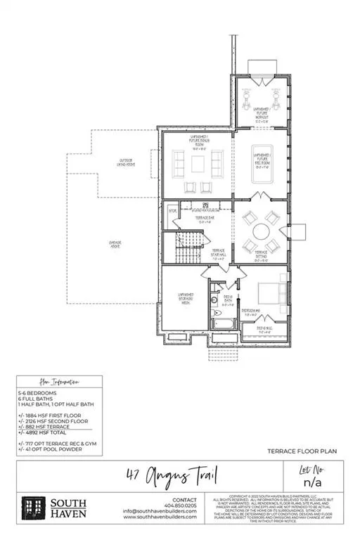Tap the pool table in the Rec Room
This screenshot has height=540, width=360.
click(x=262, y=179)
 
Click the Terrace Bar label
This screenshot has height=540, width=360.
click(x=204, y=219)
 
